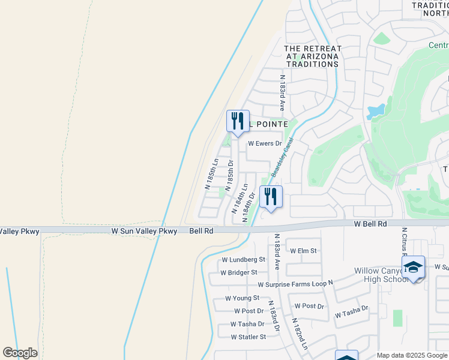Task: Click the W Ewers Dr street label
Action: [x=265, y=143]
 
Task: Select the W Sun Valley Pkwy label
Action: [x=144, y=230]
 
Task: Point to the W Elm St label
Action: [x=303, y=251]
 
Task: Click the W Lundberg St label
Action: [x=243, y=260]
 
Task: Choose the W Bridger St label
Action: [x=238, y=272]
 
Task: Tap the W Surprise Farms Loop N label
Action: [x=295, y=284]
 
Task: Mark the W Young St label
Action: [x=242, y=298]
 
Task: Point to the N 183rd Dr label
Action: [x=274, y=316]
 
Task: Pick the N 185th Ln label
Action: [x=212, y=174]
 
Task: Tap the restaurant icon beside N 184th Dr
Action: [x=271, y=196]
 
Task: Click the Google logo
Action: [x=20, y=353]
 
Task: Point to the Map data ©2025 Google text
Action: [x=412, y=355]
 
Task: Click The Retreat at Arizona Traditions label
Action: [x=312, y=56]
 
